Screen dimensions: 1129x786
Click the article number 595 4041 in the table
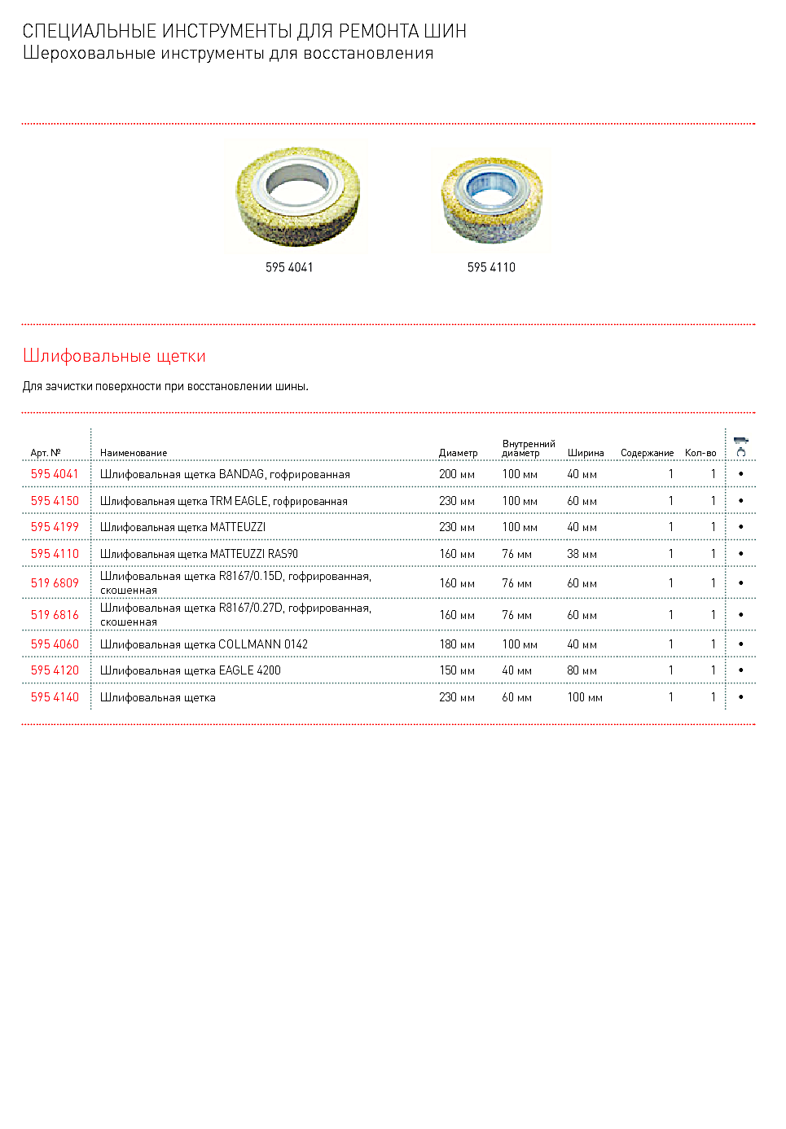55,474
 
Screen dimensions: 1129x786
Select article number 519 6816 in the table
55,615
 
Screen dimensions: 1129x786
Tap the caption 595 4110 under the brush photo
491,267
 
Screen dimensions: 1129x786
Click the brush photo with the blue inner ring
491,200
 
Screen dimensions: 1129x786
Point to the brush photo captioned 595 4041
297,196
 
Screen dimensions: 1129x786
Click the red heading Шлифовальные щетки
114,356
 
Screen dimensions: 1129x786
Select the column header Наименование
134,453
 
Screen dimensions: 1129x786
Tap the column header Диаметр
458,453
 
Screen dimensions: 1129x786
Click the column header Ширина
586,453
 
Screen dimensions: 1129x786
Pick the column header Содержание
647,453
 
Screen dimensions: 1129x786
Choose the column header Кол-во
700,453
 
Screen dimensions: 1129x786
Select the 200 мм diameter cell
456,474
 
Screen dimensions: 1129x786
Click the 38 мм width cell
582,554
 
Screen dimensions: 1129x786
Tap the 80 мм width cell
582,670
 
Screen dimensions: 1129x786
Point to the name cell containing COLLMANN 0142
204,644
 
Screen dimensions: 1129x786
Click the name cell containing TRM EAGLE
223,501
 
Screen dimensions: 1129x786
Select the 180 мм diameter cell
456,644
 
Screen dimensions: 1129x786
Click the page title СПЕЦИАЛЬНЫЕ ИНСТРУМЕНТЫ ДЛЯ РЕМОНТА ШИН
244,31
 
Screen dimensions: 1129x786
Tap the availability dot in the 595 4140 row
740,697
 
